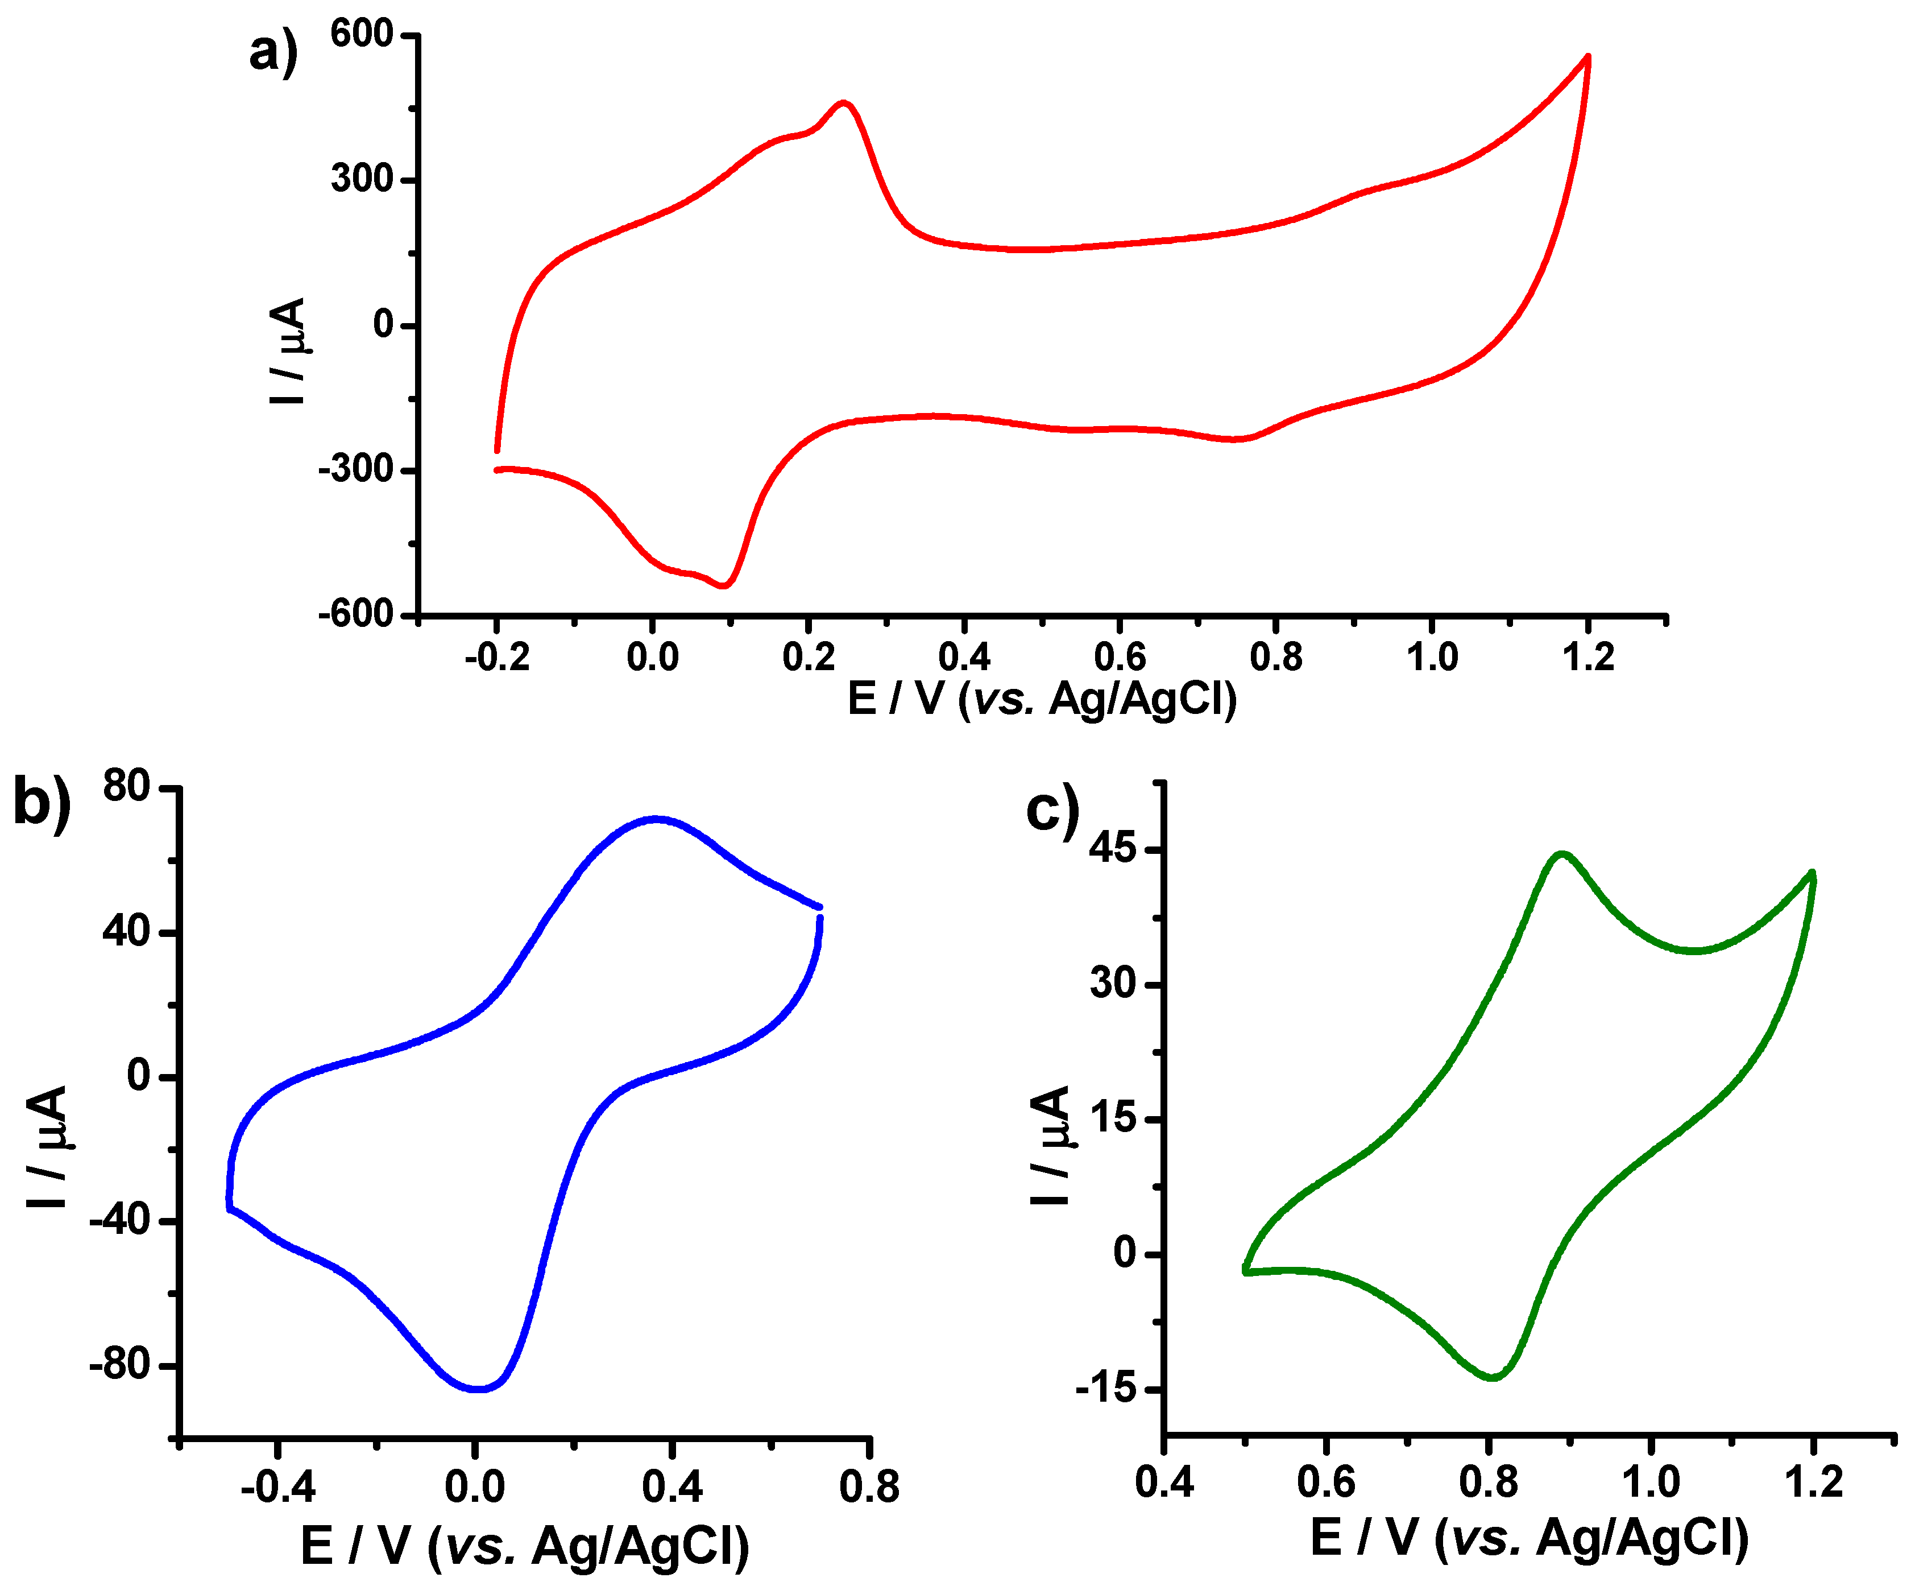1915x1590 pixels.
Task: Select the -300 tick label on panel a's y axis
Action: point(355,470)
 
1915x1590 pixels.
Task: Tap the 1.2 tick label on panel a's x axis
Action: point(1587,658)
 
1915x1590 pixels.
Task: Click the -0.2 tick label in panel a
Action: point(497,658)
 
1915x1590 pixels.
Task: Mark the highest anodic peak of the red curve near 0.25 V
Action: point(844,103)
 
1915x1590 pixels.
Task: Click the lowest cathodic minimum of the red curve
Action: point(724,585)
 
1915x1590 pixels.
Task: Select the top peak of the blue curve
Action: point(656,818)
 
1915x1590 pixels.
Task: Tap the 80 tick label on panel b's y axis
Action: point(126,786)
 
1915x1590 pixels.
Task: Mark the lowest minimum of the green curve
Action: point(1493,1377)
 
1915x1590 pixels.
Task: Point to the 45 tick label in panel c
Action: point(1113,849)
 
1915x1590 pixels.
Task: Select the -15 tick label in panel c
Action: point(1106,1389)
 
